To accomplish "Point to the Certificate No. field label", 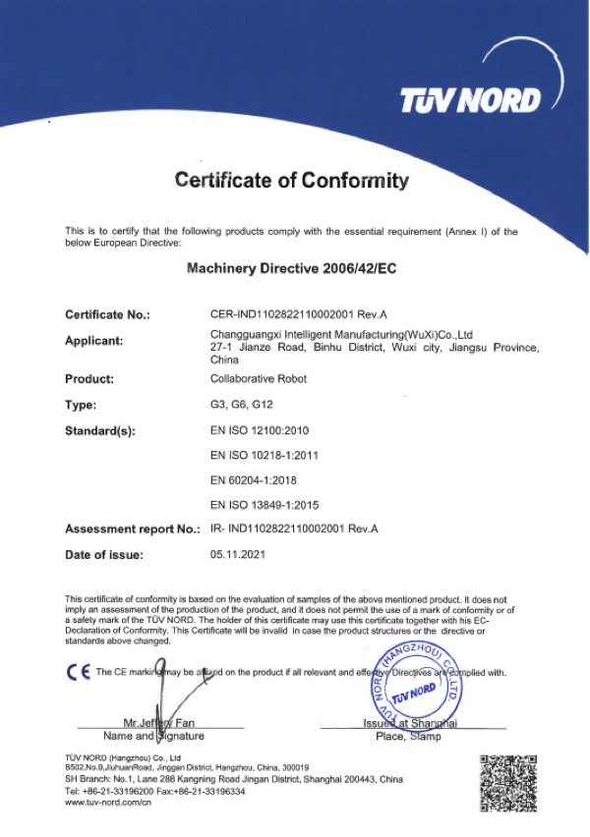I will [x=107, y=315].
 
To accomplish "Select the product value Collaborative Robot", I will [x=259, y=378].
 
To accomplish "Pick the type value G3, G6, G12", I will [x=239, y=404].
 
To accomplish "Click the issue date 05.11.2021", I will [x=239, y=555].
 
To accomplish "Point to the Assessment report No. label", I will [x=133, y=530].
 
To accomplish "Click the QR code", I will [x=507, y=782].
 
